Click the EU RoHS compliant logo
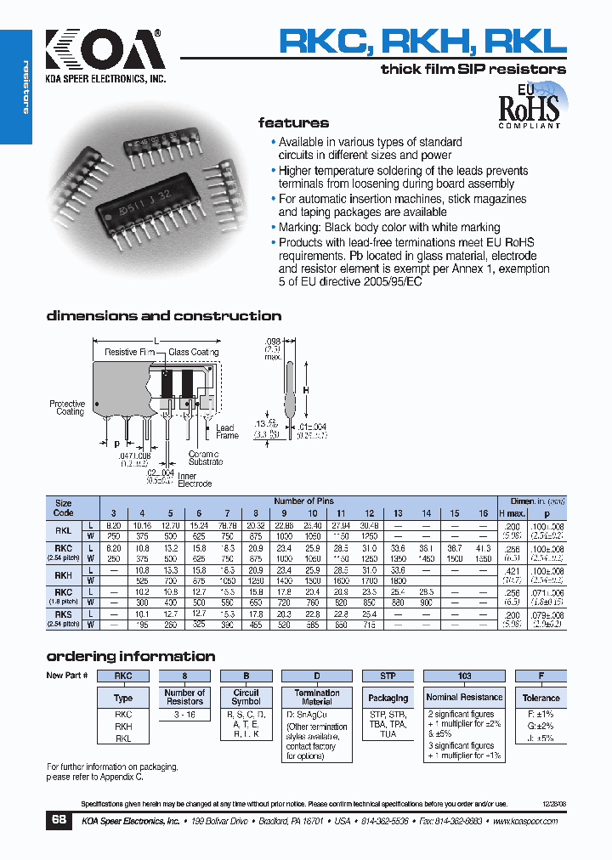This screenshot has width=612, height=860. (x=529, y=105)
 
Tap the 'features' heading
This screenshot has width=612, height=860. (x=293, y=123)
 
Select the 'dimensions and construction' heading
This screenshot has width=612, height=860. (x=163, y=316)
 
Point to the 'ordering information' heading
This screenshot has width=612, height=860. (x=130, y=656)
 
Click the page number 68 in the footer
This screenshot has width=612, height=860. (x=59, y=821)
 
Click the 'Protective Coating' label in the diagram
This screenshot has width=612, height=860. (x=68, y=408)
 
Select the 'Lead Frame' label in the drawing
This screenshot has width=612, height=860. (x=227, y=432)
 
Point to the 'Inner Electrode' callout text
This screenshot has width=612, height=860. (x=187, y=481)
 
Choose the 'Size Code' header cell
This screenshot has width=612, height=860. (x=64, y=508)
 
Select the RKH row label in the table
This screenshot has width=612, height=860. (x=63, y=574)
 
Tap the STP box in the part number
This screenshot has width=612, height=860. (x=388, y=676)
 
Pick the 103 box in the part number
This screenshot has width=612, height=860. (x=464, y=676)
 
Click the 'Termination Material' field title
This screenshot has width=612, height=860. (x=317, y=698)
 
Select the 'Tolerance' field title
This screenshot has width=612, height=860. (x=541, y=698)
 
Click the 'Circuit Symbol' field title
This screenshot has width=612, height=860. (x=246, y=698)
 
